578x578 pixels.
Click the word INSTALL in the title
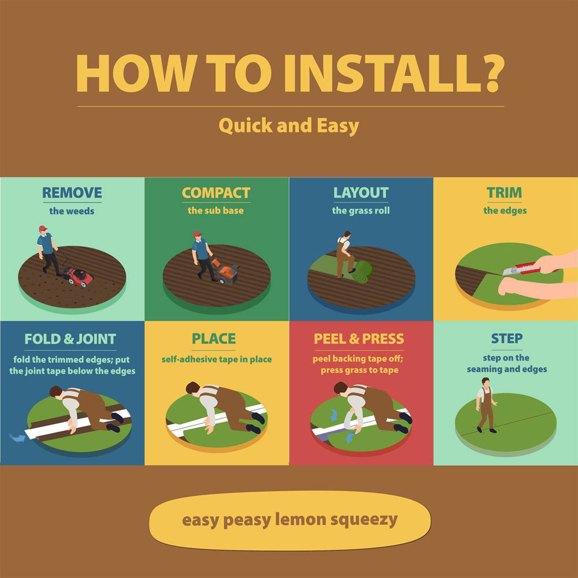click(x=378, y=73)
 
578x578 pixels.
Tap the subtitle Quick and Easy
click(x=288, y=125)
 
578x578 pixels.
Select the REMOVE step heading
click(x=72, y=192)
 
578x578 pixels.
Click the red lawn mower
click(x=78, y=276)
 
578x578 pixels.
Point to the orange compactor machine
click(x=225, y=272)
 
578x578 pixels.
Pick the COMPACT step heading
click(x=216, y=192)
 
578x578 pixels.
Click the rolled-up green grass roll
click(x=362, y=272)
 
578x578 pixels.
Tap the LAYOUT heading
click(x=361, y=192)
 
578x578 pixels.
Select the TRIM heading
click(x=504, y=192)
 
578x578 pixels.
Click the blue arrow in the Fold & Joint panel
click(x=17, y=438)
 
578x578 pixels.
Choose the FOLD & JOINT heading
click(x=71, y=339)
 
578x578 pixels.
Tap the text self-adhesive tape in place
click(x=217, y=360)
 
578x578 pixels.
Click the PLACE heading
click(x=214, y=339)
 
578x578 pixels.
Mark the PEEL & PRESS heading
click(x=359, y=339)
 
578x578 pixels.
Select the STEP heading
click(x=506, y=338)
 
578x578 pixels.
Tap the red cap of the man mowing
click(x=43, y=228)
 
